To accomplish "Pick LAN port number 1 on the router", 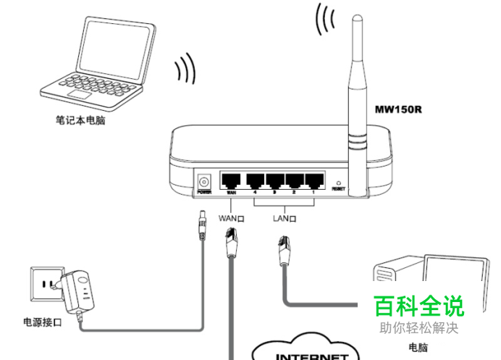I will tap(315, 180).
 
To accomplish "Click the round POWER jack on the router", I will tap(204, 180).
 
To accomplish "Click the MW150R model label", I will tap(399, 110).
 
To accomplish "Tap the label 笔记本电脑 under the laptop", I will tap(80, 121).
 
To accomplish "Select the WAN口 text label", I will tap(232, 217).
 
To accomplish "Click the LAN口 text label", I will tap(285, 217).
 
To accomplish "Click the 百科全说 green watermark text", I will tap(419, 306).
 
